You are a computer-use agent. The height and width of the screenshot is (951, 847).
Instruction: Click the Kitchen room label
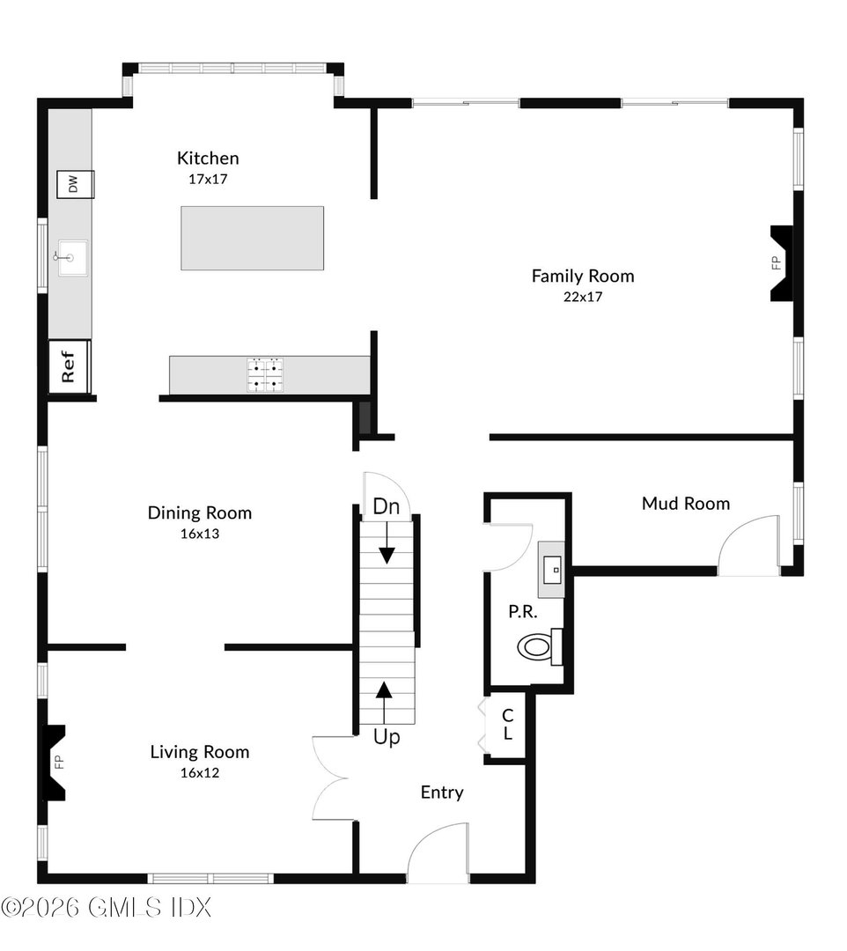[208, 158]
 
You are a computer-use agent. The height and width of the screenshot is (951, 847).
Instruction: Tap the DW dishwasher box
[75, 184]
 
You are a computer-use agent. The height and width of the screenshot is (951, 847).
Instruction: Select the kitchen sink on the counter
[72, 257]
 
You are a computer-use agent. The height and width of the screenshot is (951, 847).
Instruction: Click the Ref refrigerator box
[70, 365]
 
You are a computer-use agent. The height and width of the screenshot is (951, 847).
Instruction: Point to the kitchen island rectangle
[252, 238]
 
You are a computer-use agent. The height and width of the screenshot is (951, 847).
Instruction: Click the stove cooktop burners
[266, 374]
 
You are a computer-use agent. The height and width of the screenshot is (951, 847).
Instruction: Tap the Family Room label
[582, 276]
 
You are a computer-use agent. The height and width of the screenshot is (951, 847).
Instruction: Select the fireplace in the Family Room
[780, 263]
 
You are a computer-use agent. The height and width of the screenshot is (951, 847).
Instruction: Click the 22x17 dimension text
[582, 297]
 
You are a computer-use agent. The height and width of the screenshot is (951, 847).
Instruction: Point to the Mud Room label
[685, 504]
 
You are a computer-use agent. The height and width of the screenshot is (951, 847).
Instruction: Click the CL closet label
[507, 725]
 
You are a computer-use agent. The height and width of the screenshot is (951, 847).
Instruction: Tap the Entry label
[441, 792]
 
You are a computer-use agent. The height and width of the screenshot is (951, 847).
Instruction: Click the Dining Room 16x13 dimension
[200, 534]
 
